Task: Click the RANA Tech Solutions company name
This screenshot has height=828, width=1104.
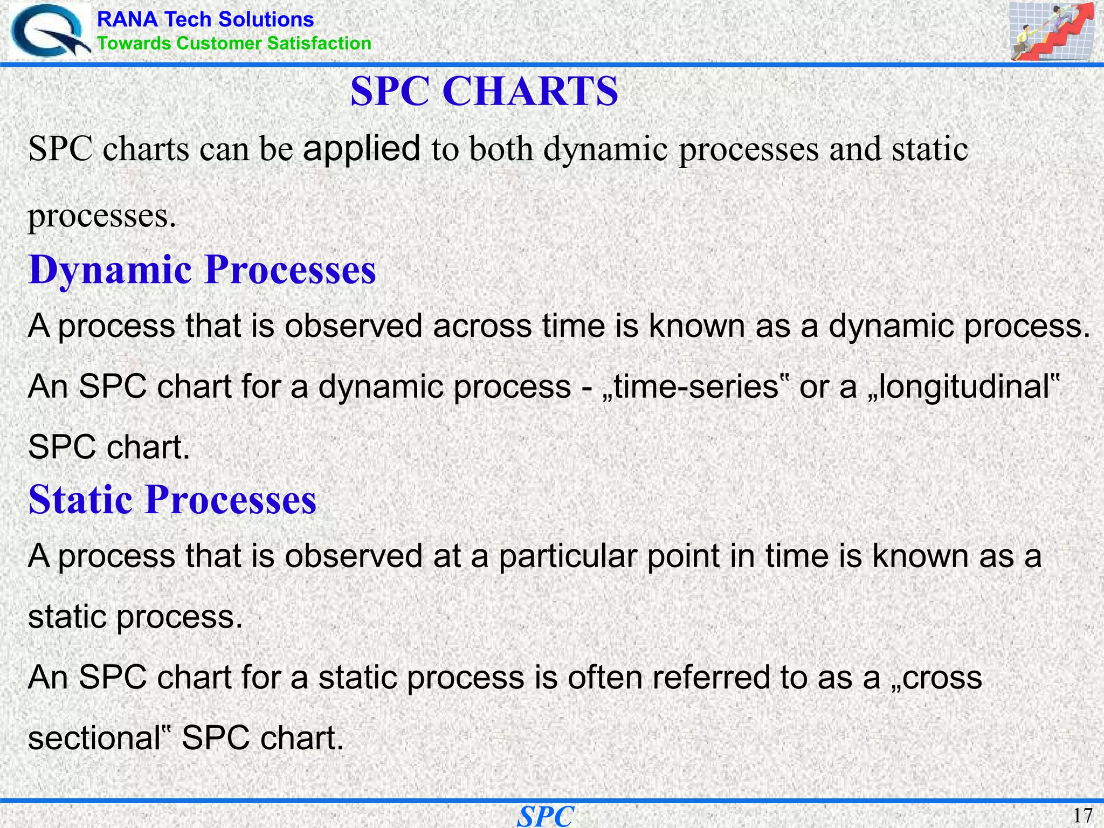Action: click(x=205, y=19)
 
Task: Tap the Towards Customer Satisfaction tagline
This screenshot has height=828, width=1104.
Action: click(x=234, y=43)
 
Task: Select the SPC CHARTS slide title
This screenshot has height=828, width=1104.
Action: click(x=484, y=91)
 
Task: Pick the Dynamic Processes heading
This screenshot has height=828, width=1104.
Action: click(x=202, y=270)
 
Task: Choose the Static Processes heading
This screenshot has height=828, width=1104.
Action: click(x=172, y=499)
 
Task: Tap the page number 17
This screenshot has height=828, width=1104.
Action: click(x=1082, y=815)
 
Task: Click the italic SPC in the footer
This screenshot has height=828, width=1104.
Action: click(x=545, y=816)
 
